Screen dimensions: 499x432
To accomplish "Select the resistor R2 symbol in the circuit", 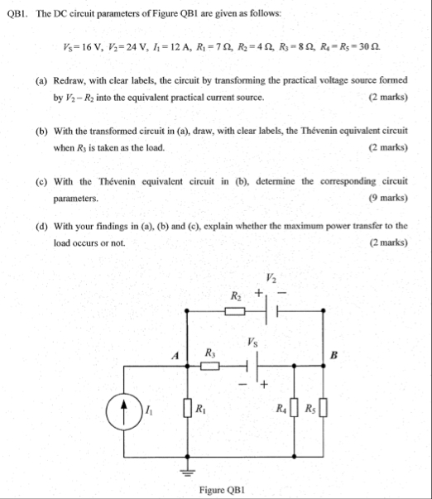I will click(236, 312).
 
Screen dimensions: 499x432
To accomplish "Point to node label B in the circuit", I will click(334, 356).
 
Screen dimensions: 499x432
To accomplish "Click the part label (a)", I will click(41, 84).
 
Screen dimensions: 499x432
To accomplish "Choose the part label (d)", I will click(41, 226).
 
